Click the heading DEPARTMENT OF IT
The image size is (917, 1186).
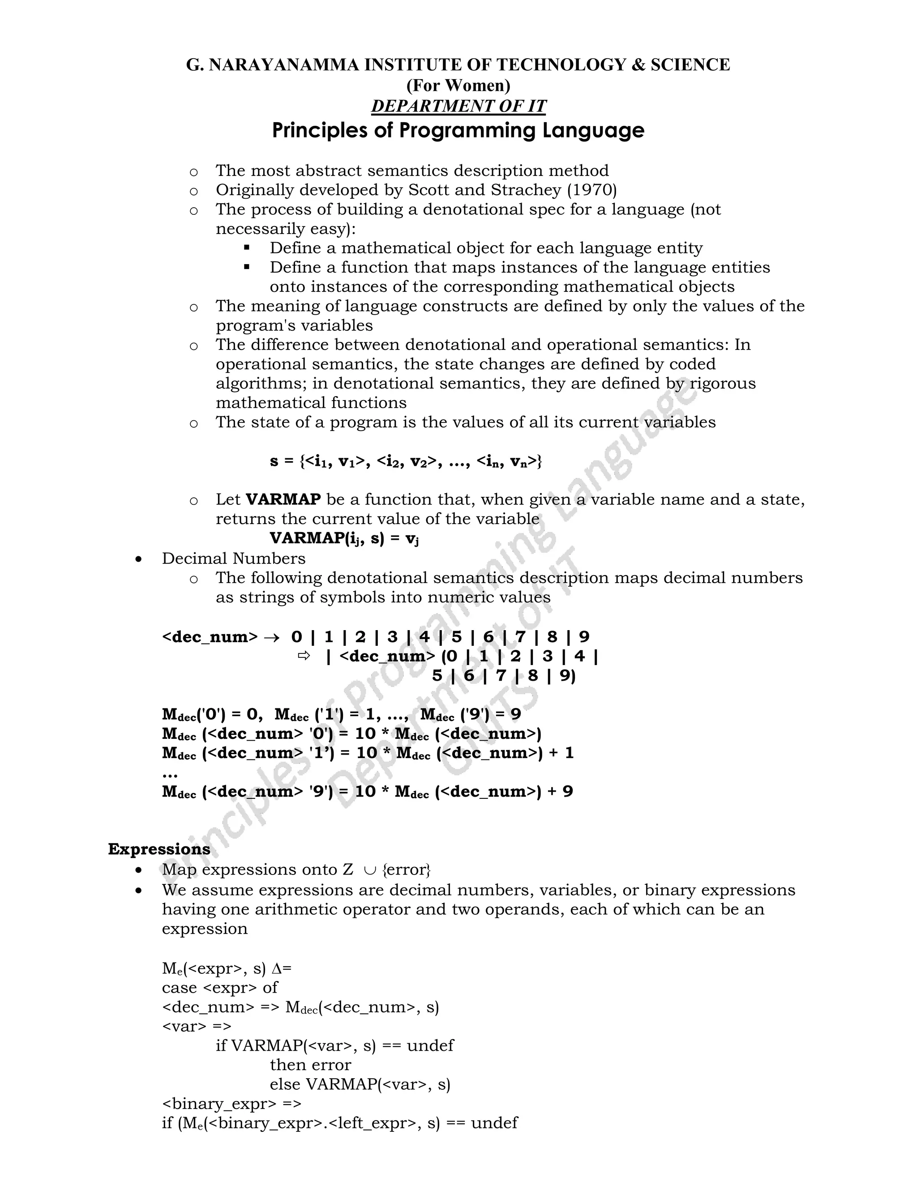(x=458, y=106)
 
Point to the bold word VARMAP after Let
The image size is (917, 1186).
(x=283, y=499)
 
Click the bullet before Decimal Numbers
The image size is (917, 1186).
(x=140, y=559)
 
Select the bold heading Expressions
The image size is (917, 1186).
(x=159, y=849)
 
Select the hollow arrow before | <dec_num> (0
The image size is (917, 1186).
(x=304, y=656)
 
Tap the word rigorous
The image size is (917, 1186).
(x=723, y=384)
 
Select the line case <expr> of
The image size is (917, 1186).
(x=219, y=987)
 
